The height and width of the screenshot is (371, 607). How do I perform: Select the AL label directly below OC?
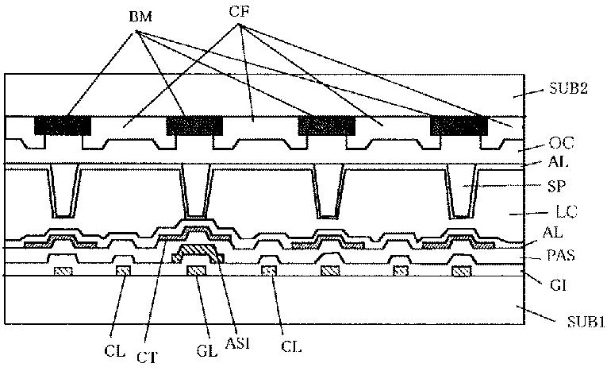point(555,162)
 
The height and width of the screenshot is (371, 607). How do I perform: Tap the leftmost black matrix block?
point(63,126)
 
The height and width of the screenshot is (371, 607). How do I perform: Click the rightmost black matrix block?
point(458,126)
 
